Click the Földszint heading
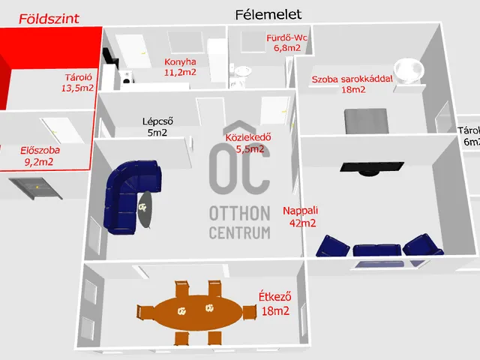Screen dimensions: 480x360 coord(49,19)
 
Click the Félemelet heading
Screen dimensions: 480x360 coord(268,15)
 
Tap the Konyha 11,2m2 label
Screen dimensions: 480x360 coord(180,67)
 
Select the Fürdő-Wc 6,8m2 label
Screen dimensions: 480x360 coord(286,43)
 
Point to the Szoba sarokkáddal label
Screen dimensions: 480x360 coord(352,79)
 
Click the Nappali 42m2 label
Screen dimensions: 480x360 coord(301,217)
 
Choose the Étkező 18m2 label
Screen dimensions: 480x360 coord(275,304)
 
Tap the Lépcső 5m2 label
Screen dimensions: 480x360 coord(157,127)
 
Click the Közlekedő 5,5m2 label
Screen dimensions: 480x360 coord(248,143)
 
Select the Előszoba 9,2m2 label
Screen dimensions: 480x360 coord(40,156)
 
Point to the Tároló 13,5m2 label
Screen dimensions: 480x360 coord(78,82)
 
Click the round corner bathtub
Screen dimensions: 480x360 coord(409,70)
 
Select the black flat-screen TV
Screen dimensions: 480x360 coord(372,168)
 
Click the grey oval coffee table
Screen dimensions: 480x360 coord(145,209)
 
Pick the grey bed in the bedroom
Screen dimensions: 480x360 coord(366,121)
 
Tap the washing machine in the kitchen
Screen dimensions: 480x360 coord(127,78)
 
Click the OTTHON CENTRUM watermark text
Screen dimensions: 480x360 coord(240,223)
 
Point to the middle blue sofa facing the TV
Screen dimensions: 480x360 coord(377,250)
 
